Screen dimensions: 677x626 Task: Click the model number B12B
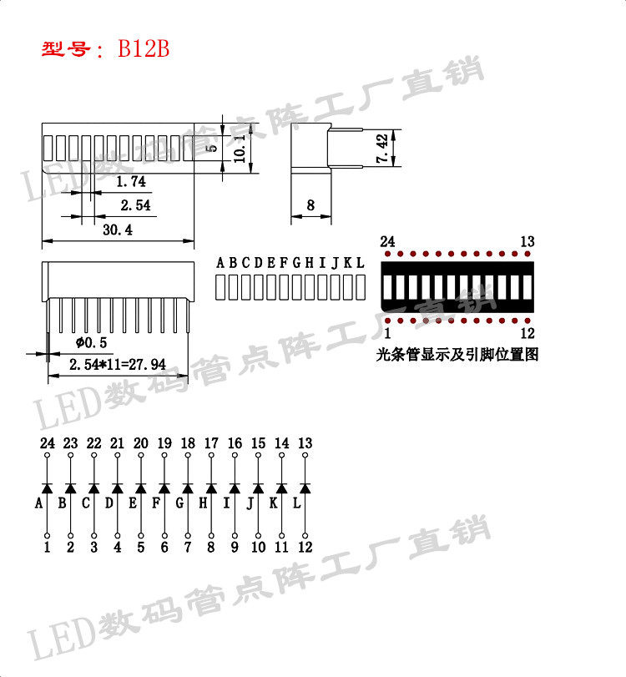point(144,49)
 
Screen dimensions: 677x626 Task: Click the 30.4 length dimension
point(118,230)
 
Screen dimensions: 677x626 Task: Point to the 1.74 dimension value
point(130,181)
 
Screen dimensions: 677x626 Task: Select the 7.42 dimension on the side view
point(382,149)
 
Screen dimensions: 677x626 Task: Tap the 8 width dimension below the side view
point(310,205)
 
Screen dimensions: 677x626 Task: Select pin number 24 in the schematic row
point(47,443)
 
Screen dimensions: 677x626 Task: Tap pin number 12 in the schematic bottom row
point(305,548)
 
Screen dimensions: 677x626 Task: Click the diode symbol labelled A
point(47,487)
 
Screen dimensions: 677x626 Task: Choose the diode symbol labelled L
point(305,487)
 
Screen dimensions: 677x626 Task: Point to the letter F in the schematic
point(156,503)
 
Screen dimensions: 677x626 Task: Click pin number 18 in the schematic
point(188,443)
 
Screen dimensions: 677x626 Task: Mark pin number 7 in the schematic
point(188,548)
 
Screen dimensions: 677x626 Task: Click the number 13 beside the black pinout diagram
point(527,242)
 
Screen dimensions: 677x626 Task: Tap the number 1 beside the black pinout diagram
point(387,333)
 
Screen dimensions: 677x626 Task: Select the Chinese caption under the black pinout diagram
point(457,355)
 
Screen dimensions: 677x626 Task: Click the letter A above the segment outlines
point(221,263)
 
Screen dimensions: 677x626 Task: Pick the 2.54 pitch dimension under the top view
point(135,205)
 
